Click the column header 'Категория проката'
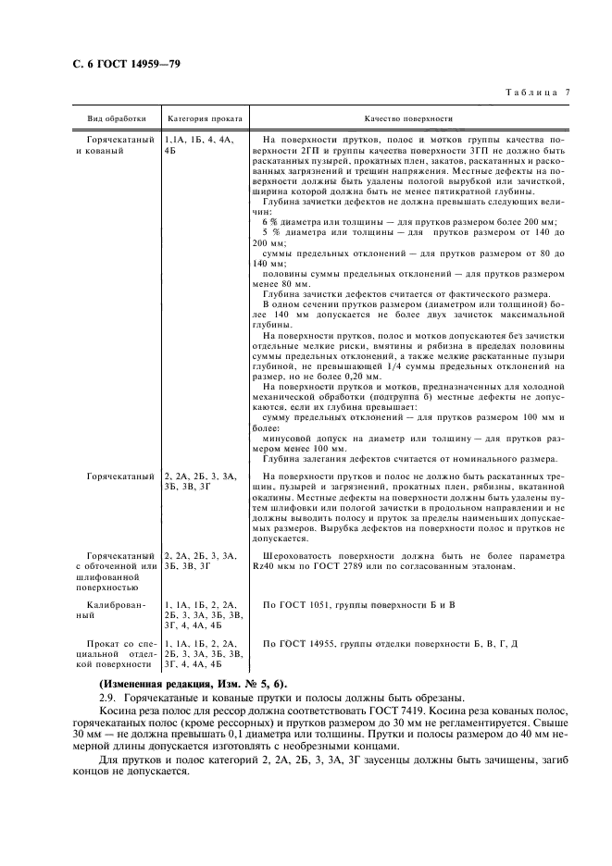(x=204, y=119)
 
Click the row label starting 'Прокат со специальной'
(x=117, y=652)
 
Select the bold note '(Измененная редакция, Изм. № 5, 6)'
(x=194, y=684)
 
